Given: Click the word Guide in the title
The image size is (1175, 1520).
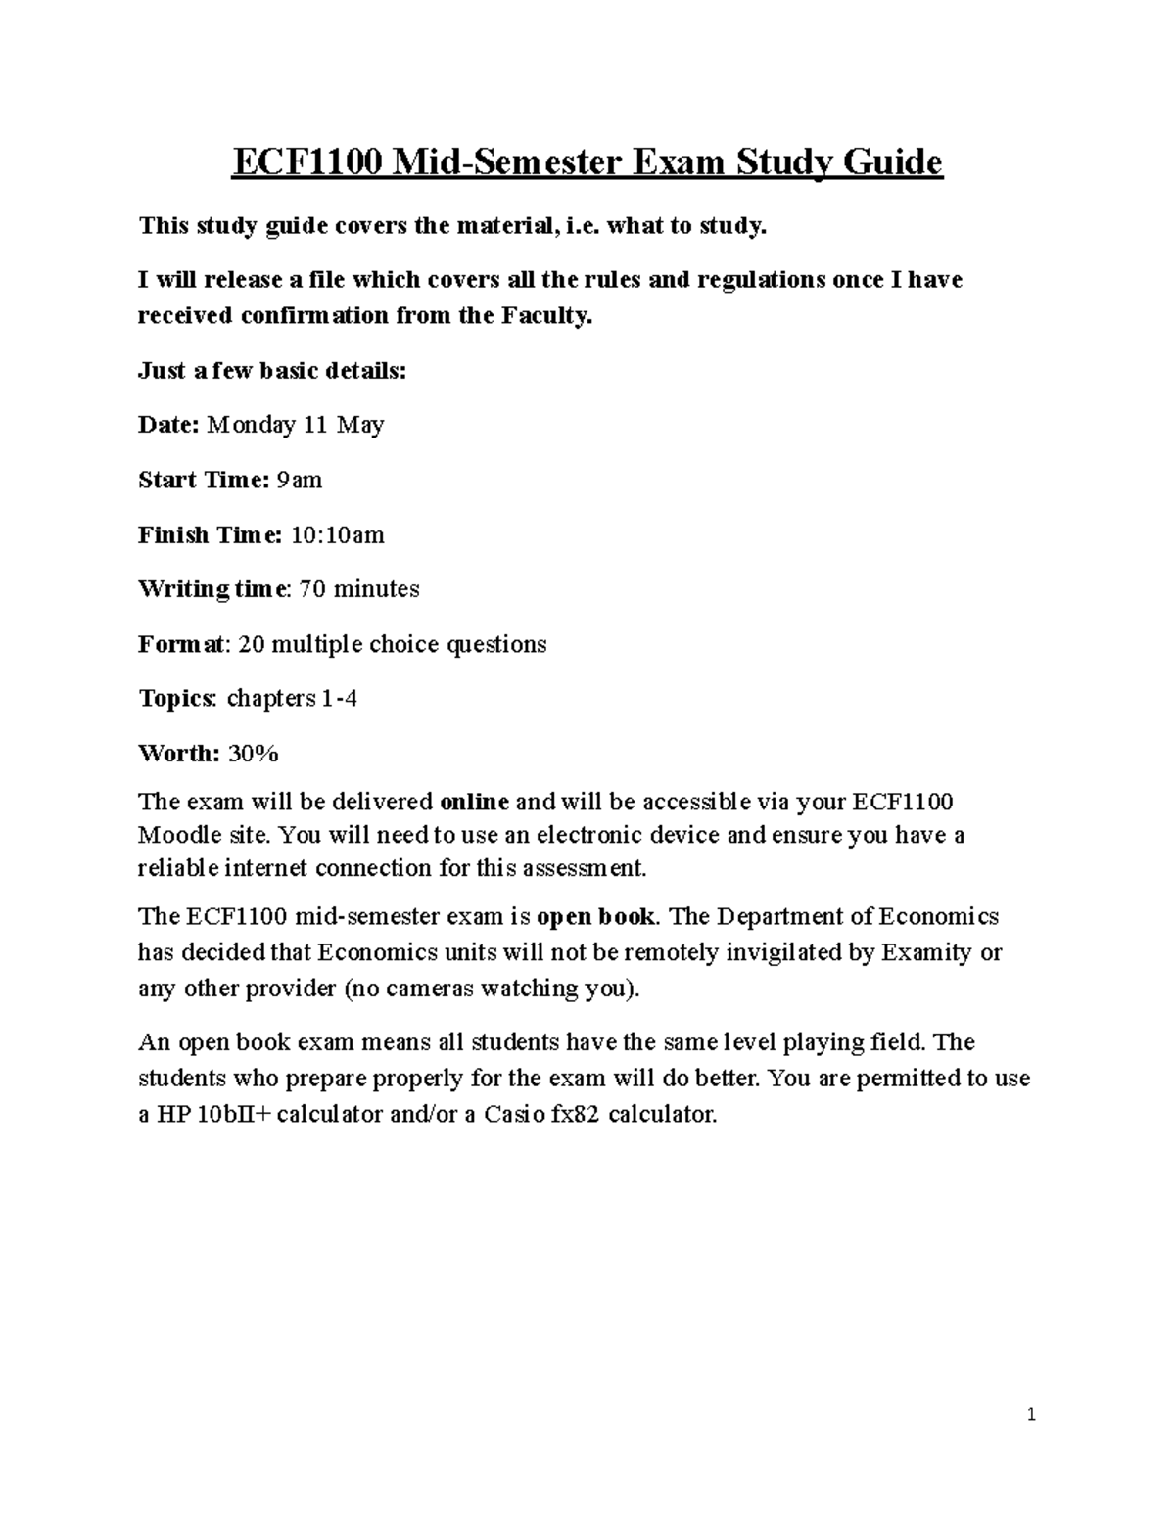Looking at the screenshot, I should point(892,162).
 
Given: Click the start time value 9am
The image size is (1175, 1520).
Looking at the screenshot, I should point(300,480).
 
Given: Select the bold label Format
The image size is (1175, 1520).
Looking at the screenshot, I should point(183,644).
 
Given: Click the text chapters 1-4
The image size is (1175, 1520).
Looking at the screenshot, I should point(292,699).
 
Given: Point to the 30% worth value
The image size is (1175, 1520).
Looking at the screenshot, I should point(254,754).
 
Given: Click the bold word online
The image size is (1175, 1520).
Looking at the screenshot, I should point(475,803).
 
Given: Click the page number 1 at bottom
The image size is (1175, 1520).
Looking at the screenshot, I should point(1031,1415).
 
